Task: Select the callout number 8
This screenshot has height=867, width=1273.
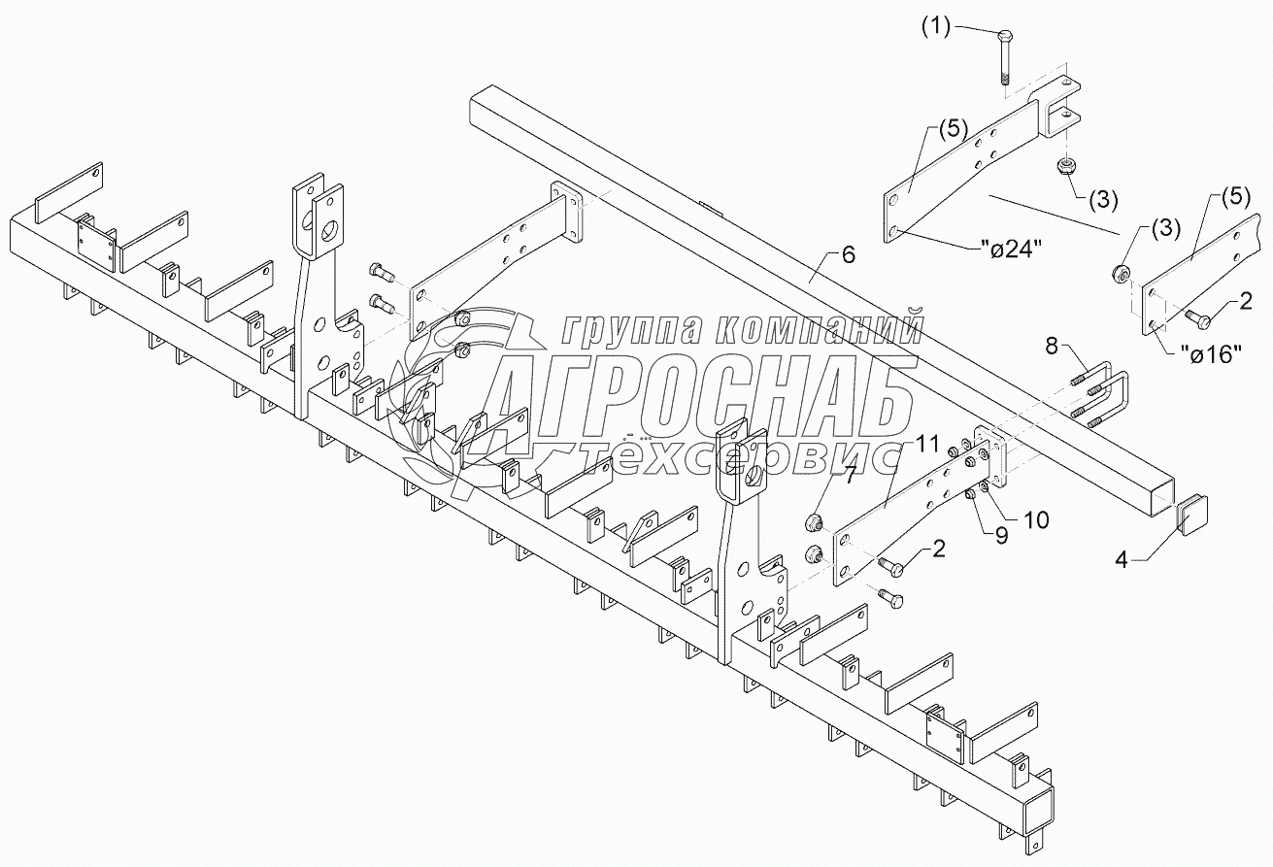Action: tap(1055, 345)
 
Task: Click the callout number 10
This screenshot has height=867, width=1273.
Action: tap(1036, 520)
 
